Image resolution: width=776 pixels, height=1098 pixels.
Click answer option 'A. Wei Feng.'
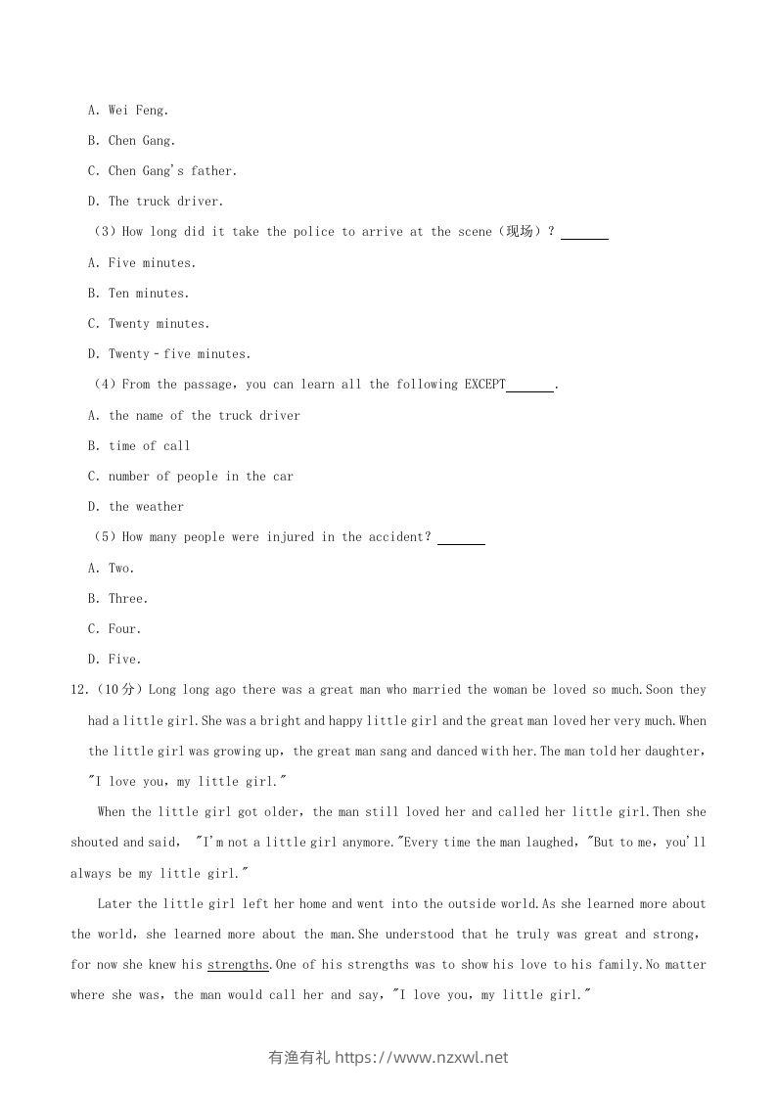pyautogui.click(x=128, y=111)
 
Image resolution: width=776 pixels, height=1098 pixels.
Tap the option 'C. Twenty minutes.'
pyautogui.click(x=149, y=324)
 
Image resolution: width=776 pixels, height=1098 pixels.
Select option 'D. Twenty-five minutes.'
pyautogui.click(x=169, y=354)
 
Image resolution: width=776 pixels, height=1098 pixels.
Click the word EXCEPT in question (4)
pyautogui.click(x=479, y=385)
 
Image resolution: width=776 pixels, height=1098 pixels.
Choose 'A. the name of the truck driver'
pyautogui.click(x=194, y=416)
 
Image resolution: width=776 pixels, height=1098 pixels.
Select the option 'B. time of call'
pyautogui.click(x=139, y=446)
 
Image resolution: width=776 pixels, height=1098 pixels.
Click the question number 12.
pyautogui.click(x=78, y=690)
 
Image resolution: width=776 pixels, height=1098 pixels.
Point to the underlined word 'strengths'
pyautogui.click(x=238, y=965)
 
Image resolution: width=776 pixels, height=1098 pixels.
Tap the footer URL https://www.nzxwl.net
pyautogui.click(x=422, y=1057)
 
